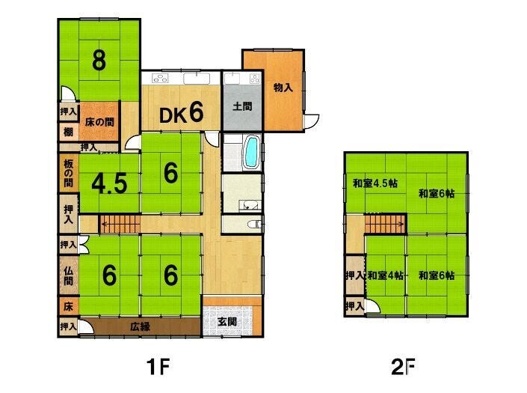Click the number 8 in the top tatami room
click(99, 61)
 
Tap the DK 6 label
click(181, 113)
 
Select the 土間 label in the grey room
click(242, 106)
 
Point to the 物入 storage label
click(283, 88)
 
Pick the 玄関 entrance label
click(227, 322)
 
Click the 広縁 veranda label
click(140, 326)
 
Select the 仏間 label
click(68, 275)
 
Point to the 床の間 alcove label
click(99, 122)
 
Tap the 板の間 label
click(68, 173)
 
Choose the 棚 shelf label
click(68, 132)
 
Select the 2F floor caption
click(403, 367)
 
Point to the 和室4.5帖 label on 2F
click(375, 183)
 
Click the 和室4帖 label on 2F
click(386, 276)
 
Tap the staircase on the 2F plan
click(385, 225)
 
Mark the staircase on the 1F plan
click(120, 224)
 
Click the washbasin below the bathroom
click(249, 205)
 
